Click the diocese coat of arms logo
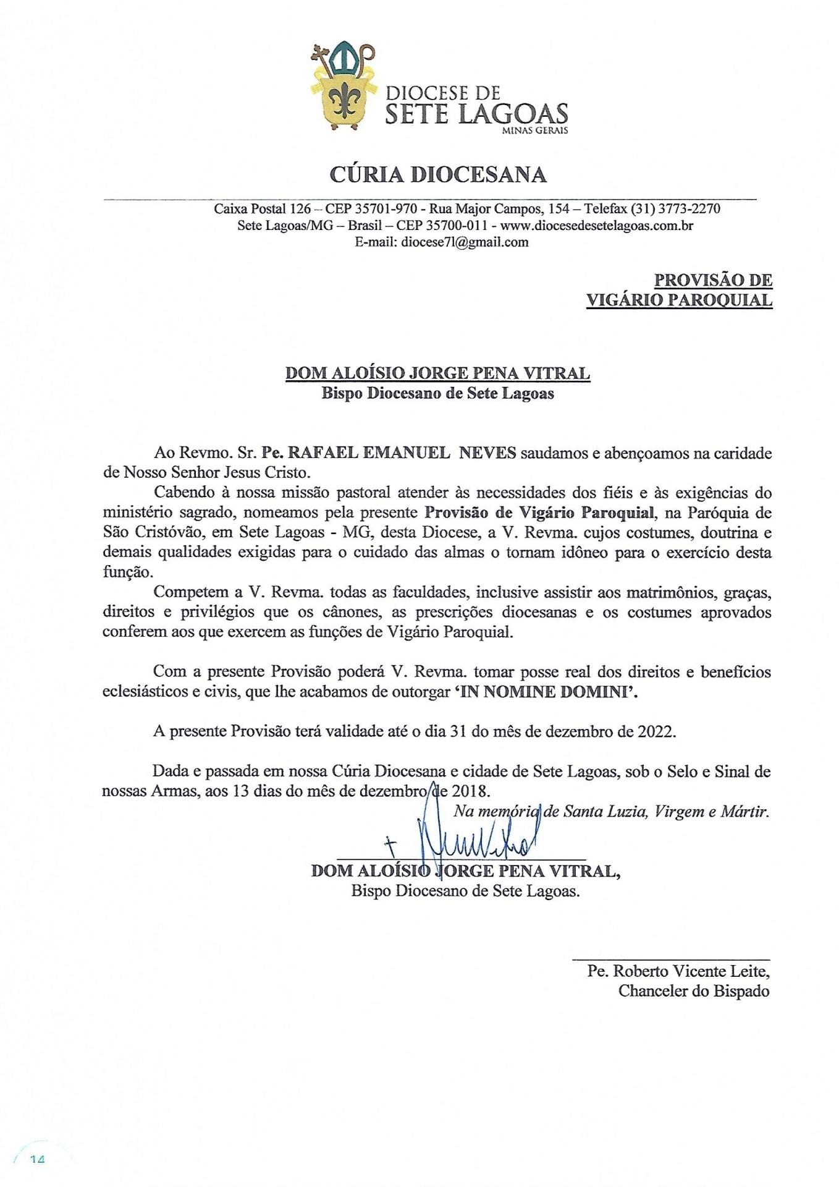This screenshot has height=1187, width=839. click(x=343, y=87)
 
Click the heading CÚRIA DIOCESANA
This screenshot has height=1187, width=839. click(x=438, y=175)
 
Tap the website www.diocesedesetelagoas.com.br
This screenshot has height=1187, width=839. click(x=596, y=226)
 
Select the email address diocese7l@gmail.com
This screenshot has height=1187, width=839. click(x=465, y=242)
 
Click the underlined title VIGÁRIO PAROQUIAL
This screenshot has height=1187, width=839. click(x=679, y=300)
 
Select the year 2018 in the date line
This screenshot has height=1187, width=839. click(x=470, y=791)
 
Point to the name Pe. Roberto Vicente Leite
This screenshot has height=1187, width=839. click(x=678, y=971)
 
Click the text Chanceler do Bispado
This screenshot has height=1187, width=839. click(x=694, y=991)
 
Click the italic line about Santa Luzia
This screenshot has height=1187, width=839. click(x=611, y=811)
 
